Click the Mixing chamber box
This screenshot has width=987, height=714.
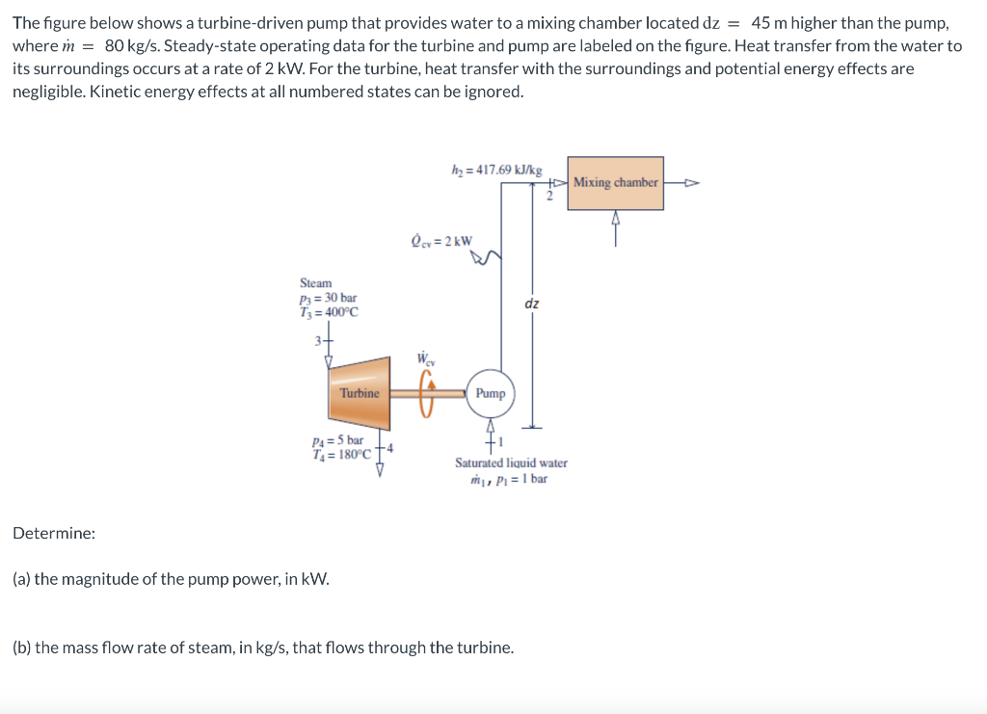click(615, 183)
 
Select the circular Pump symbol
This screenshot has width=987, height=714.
click(490, 393)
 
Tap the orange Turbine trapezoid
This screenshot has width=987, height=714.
click(359, 393)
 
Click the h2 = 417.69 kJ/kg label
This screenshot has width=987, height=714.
click(496, 170)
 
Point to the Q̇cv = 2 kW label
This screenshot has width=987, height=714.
click(441, 240)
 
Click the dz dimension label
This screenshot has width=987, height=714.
click(532, 304)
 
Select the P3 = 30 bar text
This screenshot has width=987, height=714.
click(328, 298)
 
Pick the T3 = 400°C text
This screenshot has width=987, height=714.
click(329, 311)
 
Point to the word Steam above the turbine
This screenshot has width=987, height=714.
click(315, 283)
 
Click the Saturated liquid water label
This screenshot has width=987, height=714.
click(511, 463)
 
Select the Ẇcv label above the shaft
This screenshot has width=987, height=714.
click(425, 358)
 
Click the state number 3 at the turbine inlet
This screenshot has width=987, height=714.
click(316, 340)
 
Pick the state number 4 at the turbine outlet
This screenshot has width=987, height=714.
click(389, 447)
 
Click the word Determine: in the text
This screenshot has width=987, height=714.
click(54, 533)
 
